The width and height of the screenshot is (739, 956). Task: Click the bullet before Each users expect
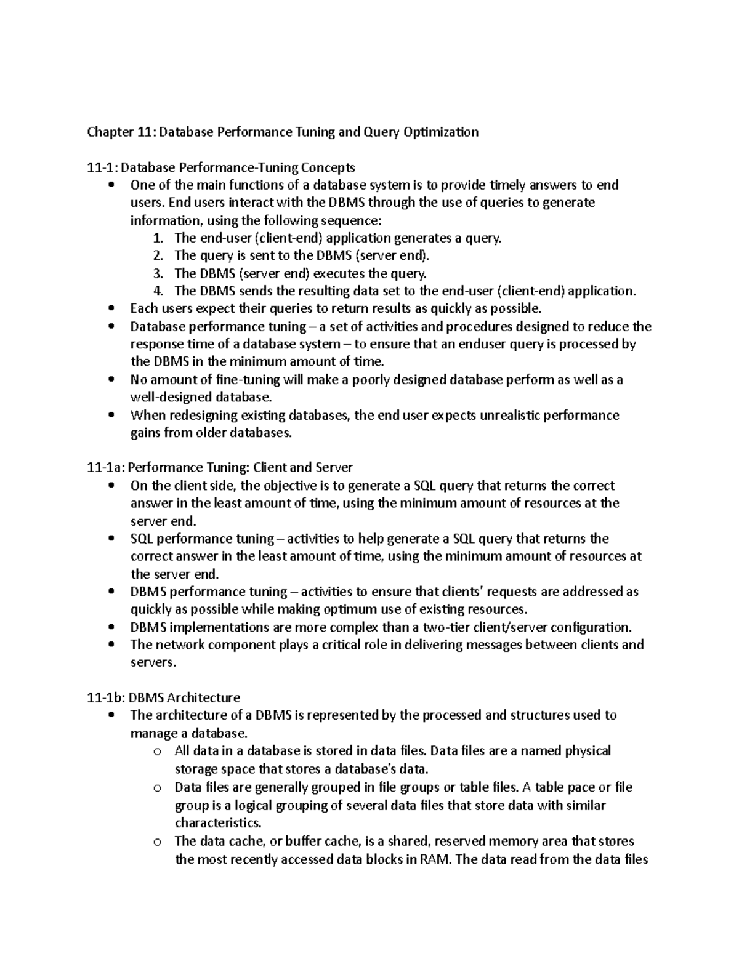[x=111, y=309]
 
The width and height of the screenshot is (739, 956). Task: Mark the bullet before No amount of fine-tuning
[x=111, y=380]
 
